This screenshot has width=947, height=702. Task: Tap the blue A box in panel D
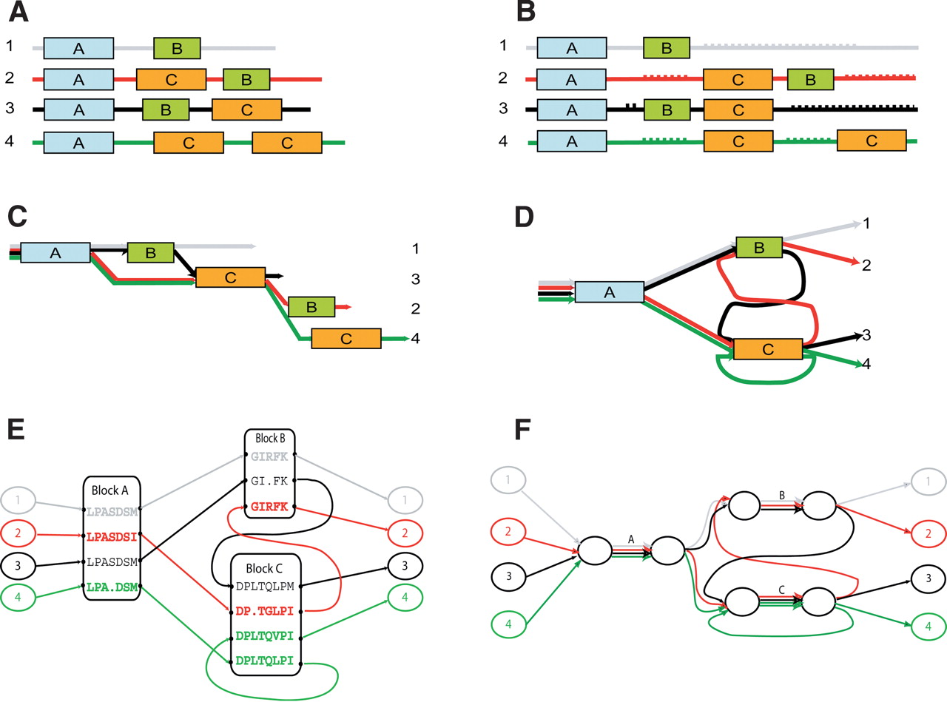(609, 292)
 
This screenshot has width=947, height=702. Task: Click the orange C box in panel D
(767, 349)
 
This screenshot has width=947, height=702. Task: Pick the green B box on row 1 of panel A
(176, 49)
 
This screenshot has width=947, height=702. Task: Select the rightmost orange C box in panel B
(872, 140)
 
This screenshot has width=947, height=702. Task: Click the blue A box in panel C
(55, 253)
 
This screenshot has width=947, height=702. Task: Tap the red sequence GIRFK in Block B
(271, 507)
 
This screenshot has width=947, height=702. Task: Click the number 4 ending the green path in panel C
(417, 339)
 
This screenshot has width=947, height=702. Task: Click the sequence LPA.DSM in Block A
(111, 587)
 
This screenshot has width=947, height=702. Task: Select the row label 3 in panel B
(504, 109)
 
